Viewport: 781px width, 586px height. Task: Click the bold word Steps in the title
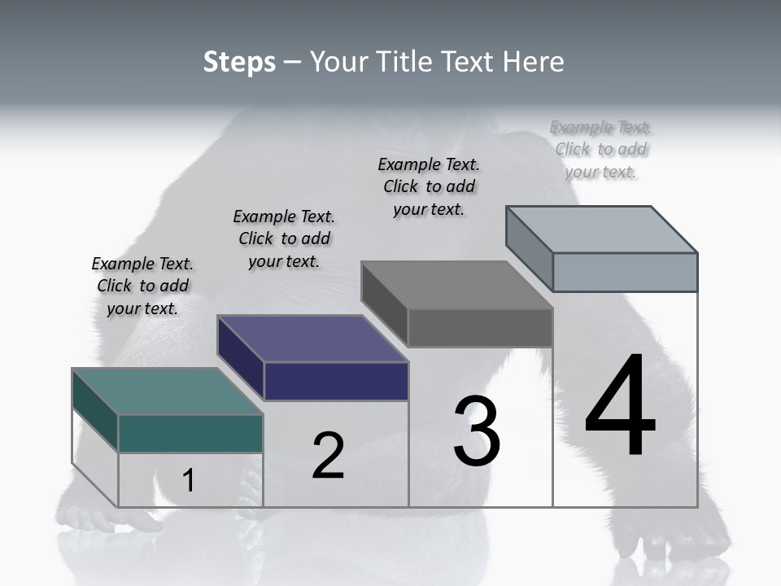pyautogui.click(x=239, y=62)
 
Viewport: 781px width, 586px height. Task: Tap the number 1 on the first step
pyautogui.click(x=188, y=481)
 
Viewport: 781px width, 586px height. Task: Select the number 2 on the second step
pyautogui.click(x=328, y=456)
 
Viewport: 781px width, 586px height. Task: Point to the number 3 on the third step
pyautogui.click(x=476, y=432)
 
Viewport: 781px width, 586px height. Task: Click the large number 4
pyautogui.click(x=620, y=407)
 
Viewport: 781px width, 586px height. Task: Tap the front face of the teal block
pyautogui.click(x=190, y=433)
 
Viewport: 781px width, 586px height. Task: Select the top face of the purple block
pyautogui.click(x=312, y=339)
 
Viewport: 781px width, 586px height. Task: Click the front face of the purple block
pyautogui.click(x=336, y=381)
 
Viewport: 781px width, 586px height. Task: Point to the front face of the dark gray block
pyautogui.click(x=480, y=327)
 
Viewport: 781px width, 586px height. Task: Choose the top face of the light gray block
pyautogui.click(x=602, y=230)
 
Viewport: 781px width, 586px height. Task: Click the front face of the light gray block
pyautogui.click(x=625, y=272)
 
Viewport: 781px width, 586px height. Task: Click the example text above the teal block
pyautogui.click(x=142, y=286)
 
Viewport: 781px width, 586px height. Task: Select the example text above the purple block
pyautogui.click(x=284, y=238)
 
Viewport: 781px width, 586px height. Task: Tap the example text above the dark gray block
pyautogui.click(x=429, y=186)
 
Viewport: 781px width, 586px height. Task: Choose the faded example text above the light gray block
pyautogui.click(x=601, y=149)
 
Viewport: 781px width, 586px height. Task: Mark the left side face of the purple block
pyautogui.click(x=241, y=357)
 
